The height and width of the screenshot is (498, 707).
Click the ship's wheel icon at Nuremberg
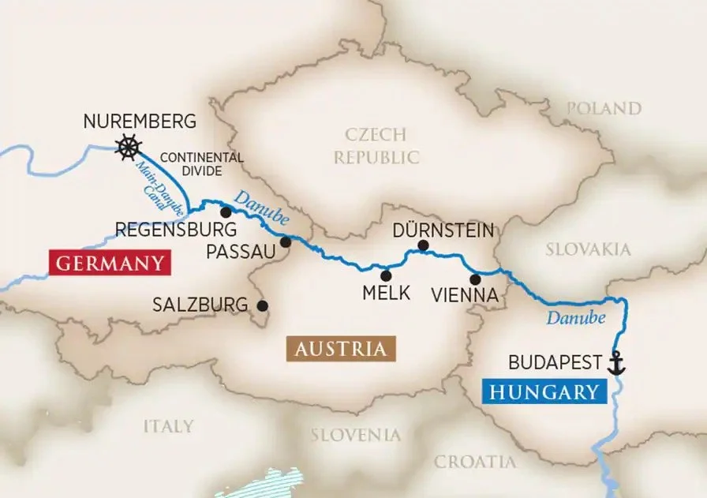tap(128, 147)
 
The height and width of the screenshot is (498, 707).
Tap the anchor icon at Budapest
tap(616, 363)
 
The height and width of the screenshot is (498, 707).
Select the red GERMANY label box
tap(110, 263)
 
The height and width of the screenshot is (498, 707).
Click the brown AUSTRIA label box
tap(341, 349)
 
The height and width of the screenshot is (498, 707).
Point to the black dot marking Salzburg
tap(262, 305)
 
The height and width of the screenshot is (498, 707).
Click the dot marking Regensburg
tap(226, 212)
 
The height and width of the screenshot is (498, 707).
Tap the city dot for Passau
tap(286, 242)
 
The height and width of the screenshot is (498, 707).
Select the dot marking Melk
tap(386, 275)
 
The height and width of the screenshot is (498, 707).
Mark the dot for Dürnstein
tap(423, 245)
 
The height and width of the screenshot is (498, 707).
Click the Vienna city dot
tap(475, 279)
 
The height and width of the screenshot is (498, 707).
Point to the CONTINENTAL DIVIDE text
tap(191, 164)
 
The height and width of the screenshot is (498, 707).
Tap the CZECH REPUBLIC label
tap(376, 145)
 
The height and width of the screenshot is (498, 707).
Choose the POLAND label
tap(604, 108)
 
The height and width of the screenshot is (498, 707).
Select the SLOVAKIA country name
tap(589, 249)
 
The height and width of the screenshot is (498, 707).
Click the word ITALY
tap(167, 426)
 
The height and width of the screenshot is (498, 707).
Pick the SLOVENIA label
tap(355, 435)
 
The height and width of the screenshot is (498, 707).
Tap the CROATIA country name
tap(475, 462)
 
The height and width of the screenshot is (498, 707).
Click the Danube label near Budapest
tap(576, 318)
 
